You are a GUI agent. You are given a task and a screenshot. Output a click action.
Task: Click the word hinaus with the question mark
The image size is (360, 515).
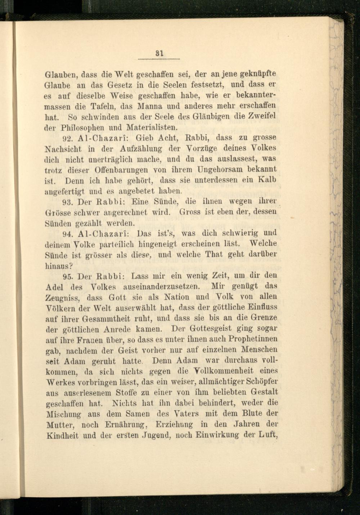coord(60,266)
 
